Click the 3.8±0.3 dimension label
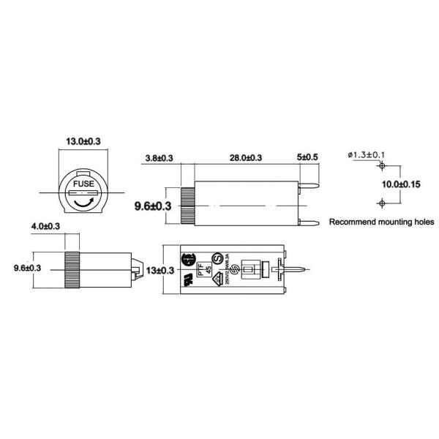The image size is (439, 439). (159, 158)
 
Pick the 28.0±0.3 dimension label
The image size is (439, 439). (245, 158)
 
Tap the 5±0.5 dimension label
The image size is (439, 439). (307, 158)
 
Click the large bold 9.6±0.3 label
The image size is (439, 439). (152, 207)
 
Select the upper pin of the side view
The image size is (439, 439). (311, 187)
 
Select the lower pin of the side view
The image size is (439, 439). (311, 223)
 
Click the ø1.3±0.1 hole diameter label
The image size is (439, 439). (368, 154)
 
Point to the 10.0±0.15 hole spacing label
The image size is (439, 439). (400, 184)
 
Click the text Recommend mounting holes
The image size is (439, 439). (381, 221)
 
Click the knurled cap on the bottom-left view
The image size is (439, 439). (72, 269)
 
